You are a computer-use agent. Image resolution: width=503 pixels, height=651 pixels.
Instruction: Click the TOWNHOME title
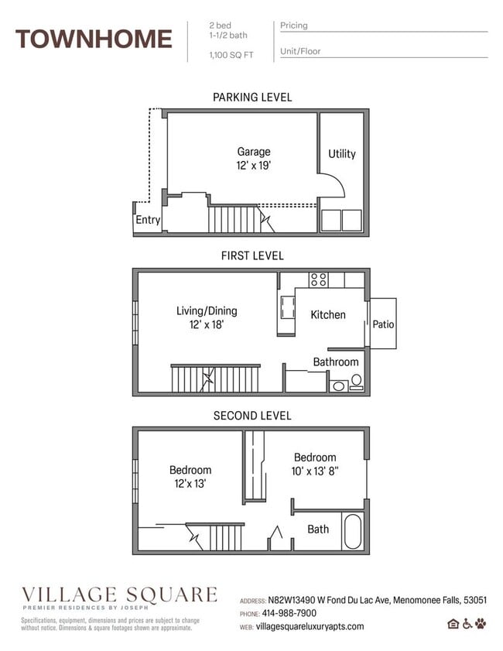94,38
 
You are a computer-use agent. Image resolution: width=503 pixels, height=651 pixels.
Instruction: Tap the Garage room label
253,152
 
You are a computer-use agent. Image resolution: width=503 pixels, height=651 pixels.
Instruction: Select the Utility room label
341,153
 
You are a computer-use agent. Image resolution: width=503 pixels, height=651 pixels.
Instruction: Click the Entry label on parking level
148,220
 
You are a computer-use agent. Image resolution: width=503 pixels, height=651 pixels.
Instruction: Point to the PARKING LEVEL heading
252,98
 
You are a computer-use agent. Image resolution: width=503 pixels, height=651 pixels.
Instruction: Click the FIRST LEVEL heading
252,255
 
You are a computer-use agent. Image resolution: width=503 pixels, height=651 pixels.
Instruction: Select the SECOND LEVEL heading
252,416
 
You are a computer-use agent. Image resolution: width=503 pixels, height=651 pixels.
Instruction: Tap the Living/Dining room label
207,311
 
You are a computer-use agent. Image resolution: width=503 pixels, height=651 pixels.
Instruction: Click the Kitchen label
328,314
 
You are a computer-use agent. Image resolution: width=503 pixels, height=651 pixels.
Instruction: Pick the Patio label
383,324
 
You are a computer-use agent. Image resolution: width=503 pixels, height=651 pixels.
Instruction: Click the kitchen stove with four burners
318,279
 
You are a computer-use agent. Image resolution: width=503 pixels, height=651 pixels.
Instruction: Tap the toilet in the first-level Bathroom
356,382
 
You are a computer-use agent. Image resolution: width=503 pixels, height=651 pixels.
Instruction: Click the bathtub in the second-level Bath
352,532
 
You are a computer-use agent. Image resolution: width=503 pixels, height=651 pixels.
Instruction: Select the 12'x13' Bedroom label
190,470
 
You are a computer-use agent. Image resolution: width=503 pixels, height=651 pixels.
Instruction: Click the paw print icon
481,624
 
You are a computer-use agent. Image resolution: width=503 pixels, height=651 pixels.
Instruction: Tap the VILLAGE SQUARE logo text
119,594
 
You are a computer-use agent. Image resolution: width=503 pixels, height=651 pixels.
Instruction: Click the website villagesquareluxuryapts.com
310,626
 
